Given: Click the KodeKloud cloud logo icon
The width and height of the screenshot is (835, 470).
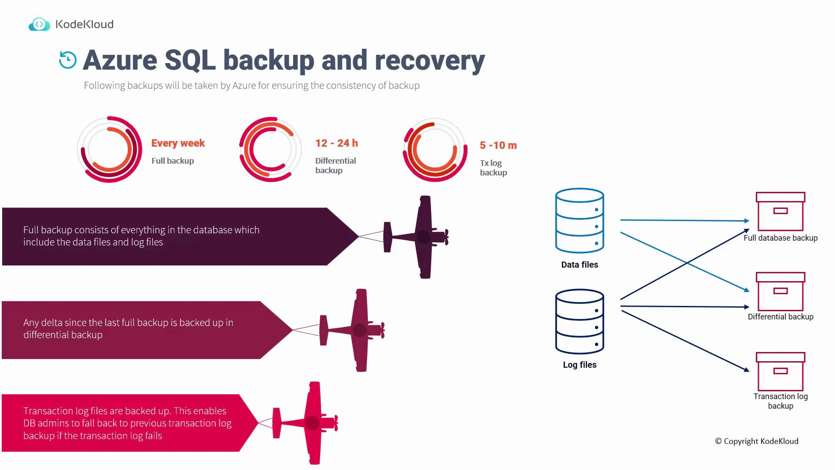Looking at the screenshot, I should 39,24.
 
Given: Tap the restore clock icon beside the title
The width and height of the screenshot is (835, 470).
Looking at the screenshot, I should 68,60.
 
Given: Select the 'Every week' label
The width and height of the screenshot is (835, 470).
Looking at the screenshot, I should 178,143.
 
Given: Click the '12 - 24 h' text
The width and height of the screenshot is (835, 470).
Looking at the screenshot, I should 337,143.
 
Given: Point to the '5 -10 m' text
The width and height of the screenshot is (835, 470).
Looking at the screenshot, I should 498,145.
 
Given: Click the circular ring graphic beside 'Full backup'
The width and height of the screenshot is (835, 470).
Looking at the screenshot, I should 110,149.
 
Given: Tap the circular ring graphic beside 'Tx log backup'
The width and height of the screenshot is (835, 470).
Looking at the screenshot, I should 435,150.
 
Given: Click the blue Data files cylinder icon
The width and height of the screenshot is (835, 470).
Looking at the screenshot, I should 579,221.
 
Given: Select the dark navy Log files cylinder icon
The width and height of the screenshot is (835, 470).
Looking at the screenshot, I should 579,322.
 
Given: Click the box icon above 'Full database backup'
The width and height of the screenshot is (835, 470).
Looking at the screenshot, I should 780,211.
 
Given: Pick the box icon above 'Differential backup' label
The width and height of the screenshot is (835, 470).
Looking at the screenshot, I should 780,292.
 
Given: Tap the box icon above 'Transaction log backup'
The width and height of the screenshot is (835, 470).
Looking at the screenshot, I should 780,372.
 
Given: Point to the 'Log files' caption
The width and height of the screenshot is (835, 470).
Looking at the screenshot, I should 579,365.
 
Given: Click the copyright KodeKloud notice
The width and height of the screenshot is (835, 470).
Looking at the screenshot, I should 756,441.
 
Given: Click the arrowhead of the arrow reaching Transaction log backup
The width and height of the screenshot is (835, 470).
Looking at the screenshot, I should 746,370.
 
